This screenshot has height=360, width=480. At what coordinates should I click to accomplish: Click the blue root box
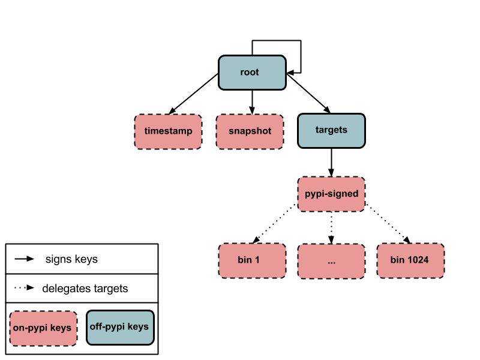[x=252, y=73]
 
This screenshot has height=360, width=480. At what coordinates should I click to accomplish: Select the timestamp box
[x=168, y=131]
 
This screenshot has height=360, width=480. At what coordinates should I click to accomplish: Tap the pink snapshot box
[x=250, y=131]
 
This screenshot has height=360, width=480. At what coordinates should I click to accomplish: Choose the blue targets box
[x=331, y=131]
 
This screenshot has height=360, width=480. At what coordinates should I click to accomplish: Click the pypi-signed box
[x=331, y=194]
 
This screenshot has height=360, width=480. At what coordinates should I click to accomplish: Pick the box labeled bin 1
[x=252, y=260]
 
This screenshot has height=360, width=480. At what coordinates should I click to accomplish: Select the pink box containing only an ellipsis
[x=331, y=261]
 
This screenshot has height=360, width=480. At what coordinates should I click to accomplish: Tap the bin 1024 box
[x=410, y=260]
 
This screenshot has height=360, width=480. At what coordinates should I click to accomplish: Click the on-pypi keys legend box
[x=43, y=328]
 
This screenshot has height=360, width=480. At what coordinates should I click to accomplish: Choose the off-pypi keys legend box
[x=120, y=328]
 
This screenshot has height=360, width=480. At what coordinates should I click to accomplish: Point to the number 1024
[x=418, y=260]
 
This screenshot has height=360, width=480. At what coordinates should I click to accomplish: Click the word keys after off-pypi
[x=138, y=327]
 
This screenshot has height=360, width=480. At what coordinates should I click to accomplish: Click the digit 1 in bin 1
[x=257, y=260]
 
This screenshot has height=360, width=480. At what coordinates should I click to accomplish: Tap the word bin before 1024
[x=397, y=260]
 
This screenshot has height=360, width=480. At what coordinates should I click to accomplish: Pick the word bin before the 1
[x=245, y=260]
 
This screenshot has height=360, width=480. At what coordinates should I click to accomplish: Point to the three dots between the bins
[x=331, y=262]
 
